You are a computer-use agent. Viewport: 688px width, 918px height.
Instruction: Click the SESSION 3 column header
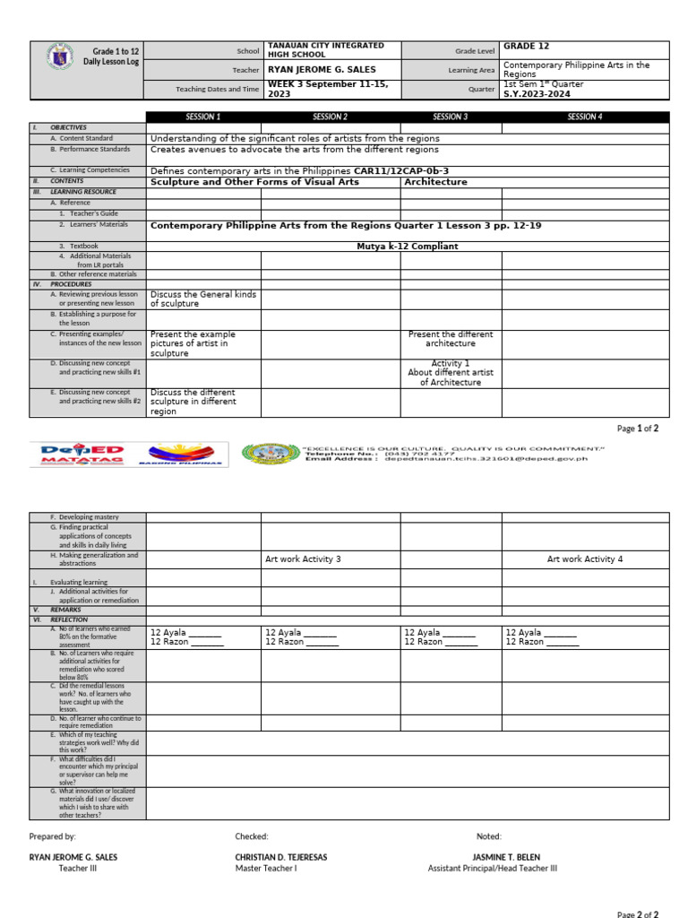(450, 117)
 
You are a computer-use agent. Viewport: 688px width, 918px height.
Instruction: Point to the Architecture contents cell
(436, 181)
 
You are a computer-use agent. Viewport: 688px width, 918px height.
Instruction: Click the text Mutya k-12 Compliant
(407, 246)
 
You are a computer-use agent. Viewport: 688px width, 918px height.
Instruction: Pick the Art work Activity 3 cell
(303, 559)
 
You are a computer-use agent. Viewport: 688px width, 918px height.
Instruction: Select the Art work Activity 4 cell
(585, 559)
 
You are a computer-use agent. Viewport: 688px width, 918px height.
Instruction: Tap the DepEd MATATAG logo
(82, 455)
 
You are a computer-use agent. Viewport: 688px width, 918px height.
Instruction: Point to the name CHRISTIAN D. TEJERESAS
(281, 857)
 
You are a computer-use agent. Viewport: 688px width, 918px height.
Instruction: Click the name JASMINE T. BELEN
(506, 857)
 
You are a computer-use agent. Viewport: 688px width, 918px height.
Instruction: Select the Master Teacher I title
(266, 868)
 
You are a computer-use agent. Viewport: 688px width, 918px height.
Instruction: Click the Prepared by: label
(52, 836)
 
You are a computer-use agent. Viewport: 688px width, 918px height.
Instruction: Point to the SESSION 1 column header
(203, 117)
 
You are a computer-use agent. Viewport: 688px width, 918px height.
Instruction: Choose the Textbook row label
(79, 246)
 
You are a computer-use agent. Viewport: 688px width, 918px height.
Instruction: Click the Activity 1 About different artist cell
(451, 372)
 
